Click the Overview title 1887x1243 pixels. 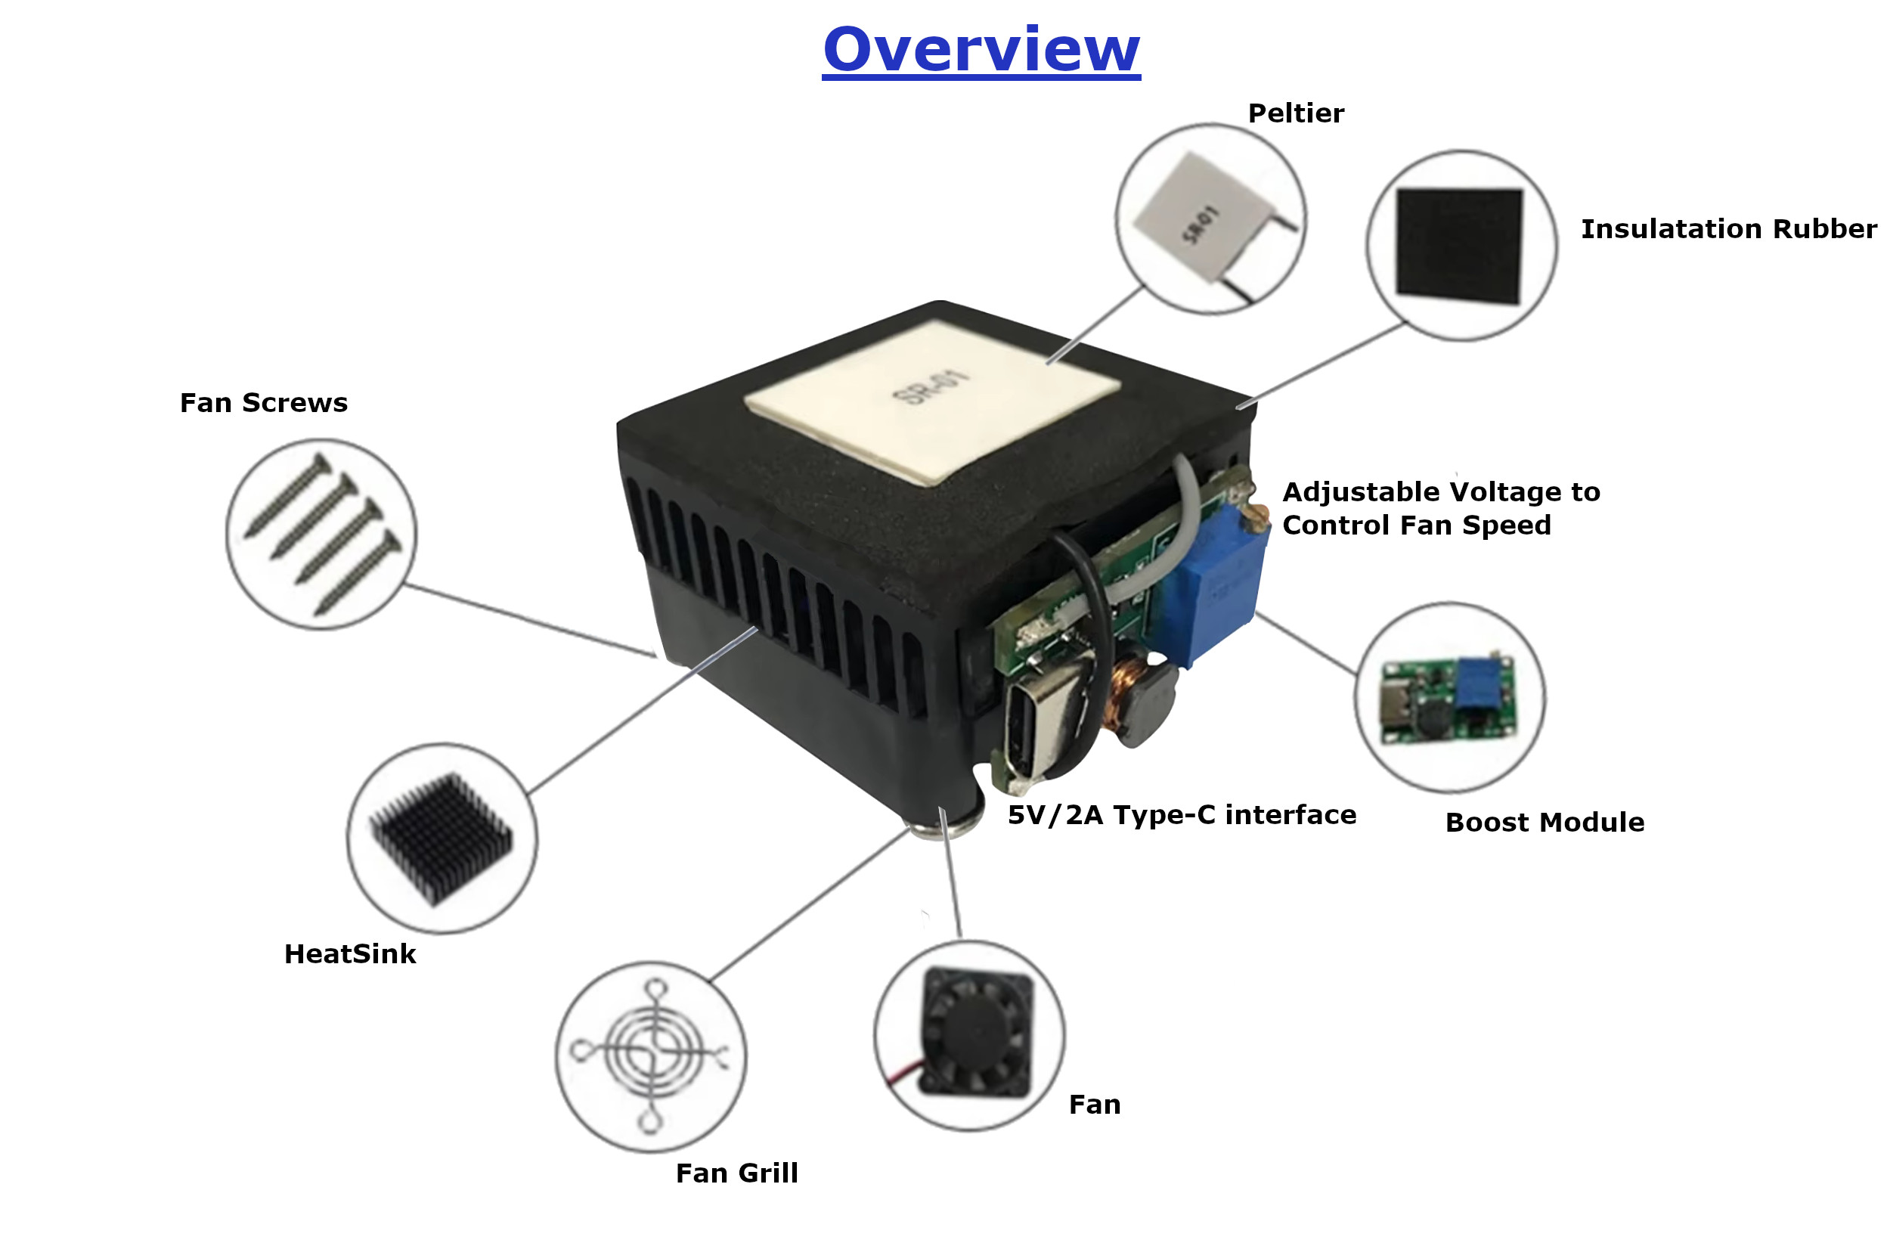981,50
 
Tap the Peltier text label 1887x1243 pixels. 1296,113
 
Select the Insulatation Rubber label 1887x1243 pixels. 1728,229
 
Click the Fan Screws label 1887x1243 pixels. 263,403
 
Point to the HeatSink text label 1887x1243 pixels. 349,953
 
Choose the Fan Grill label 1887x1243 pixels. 736,1173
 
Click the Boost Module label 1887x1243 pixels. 1545,822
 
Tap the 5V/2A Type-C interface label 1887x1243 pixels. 1182,815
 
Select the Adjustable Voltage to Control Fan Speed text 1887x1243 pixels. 1441,508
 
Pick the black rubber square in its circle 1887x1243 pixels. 1459,246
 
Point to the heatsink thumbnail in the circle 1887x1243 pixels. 442,838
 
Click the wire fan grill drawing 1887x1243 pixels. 652,1054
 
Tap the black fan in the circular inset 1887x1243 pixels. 977,1032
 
